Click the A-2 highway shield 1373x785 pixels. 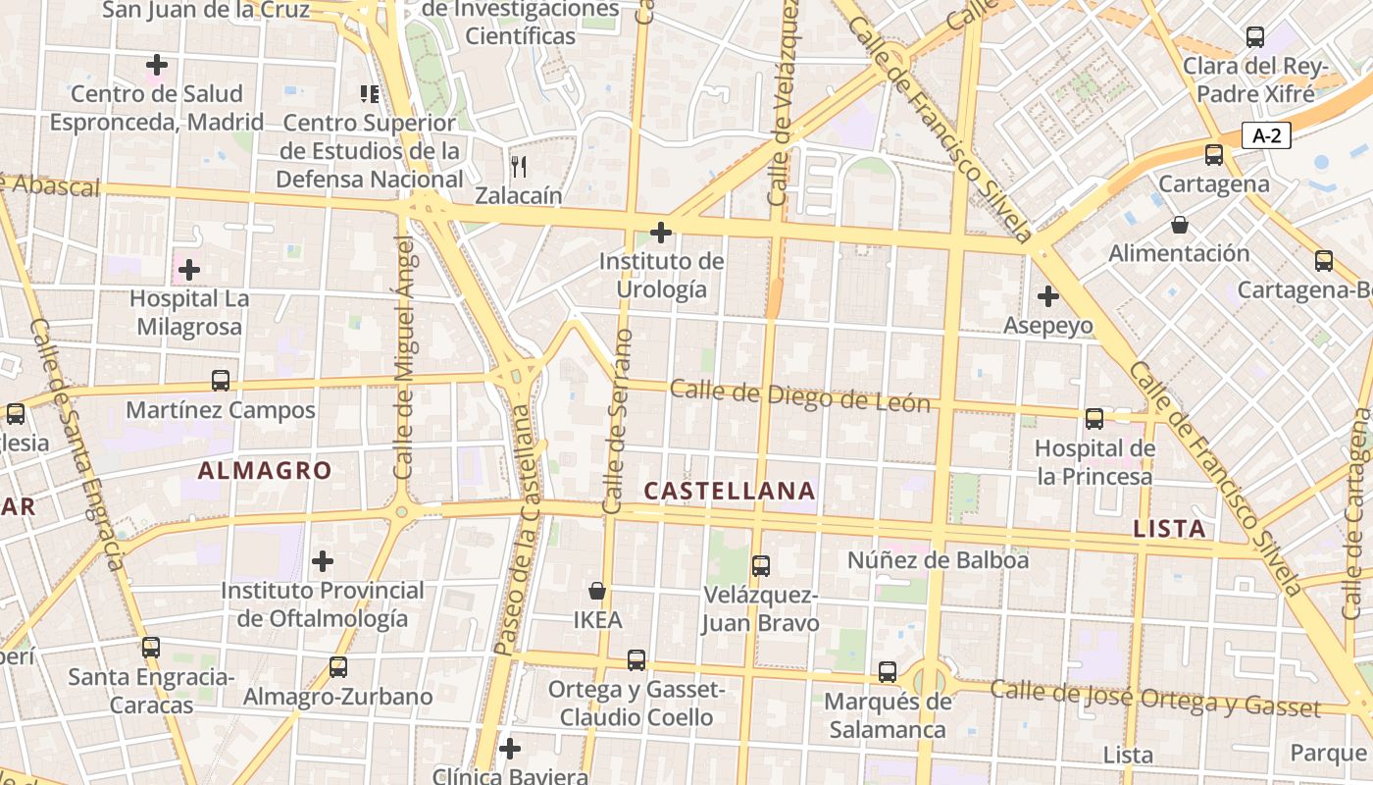[x=1266, y=135]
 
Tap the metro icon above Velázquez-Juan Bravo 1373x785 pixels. [x=760, y=565]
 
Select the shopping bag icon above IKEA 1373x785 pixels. [x=596, y=591]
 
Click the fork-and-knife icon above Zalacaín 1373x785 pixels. [x=519, y=166]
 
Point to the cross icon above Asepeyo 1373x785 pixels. [x=1048, y=295]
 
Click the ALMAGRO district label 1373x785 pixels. [x=265, y=471]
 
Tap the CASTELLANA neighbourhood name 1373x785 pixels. [x=730, y=491]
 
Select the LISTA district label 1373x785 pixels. [x=1169, y=529]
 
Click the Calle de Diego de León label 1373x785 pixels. [x=799, y=395]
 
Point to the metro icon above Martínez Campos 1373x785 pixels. [x=221, y=381]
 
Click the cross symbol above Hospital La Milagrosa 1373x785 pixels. [x=189, y=269]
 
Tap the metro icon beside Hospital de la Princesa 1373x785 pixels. [x=1094, y=419]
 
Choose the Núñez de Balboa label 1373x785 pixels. [x=938, y=560]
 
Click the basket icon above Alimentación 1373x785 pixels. [x=1179, y=225]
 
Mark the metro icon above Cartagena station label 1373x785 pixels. [x=1214, y=155]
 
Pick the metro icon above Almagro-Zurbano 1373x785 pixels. [x=338, y=667]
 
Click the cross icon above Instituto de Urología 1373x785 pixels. [x=661, y=233]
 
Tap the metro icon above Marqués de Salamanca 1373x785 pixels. [x=888, y=672]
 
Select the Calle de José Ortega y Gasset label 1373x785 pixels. [x=1154, y=698]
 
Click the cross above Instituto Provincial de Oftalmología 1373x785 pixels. [x=323, y=561]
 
